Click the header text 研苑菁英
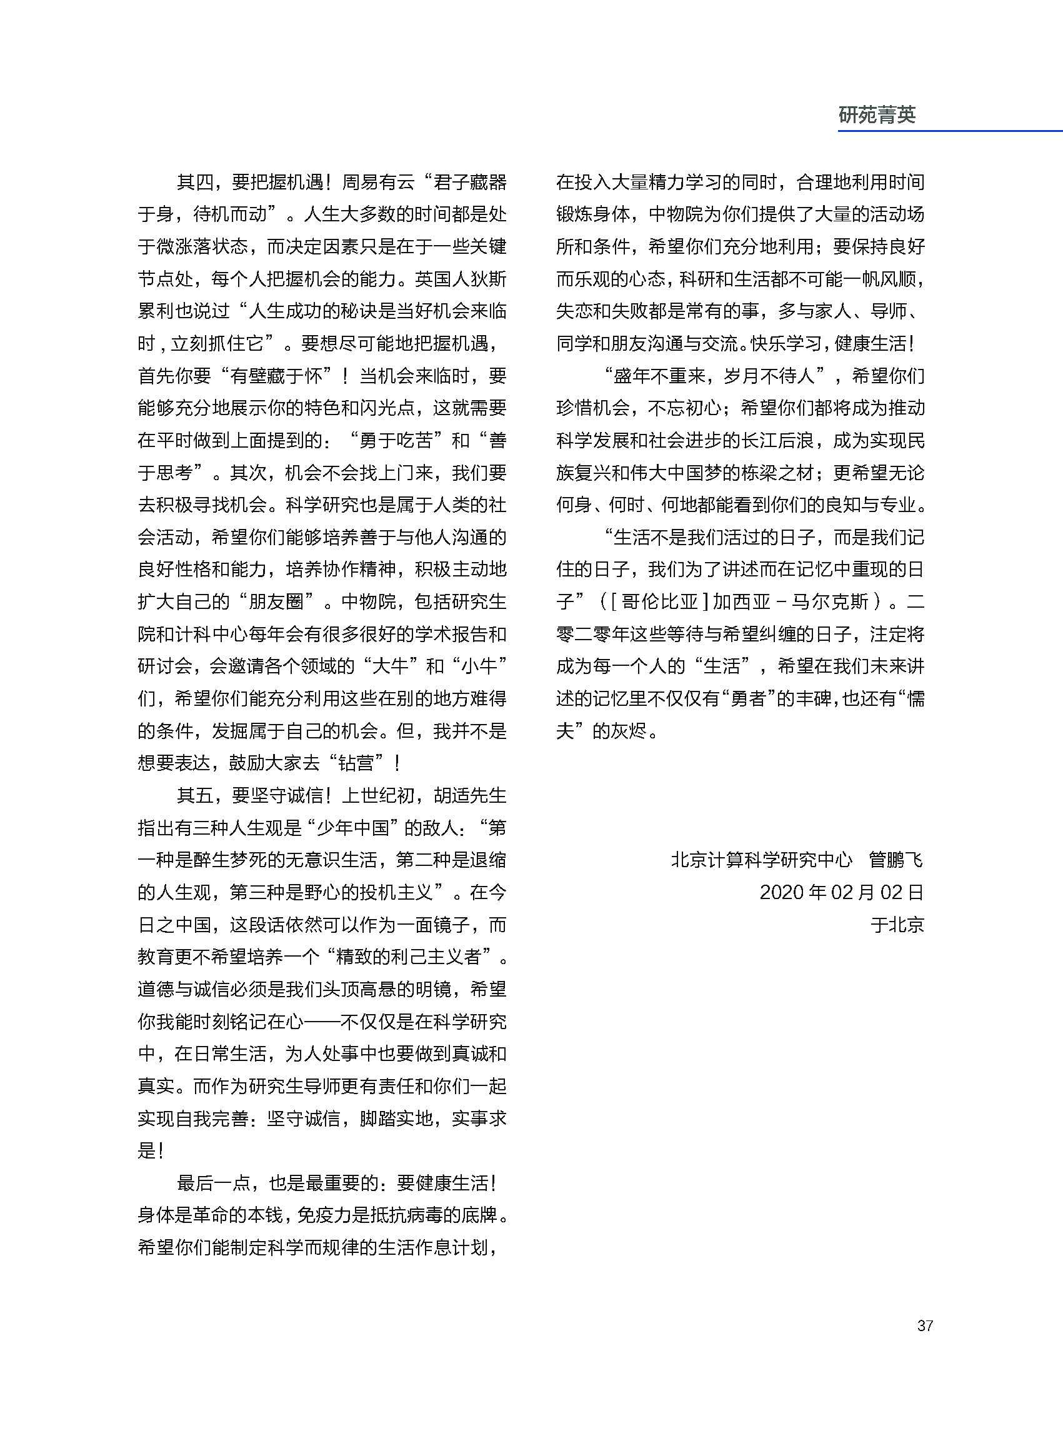(876, 115)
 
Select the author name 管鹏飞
(896, 860)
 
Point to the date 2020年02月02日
(841, 892)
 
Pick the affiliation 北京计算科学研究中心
(761, 860)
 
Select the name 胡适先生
(471, 796)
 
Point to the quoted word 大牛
(391, 666)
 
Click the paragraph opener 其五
(194, 796)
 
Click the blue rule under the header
(950, 131)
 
